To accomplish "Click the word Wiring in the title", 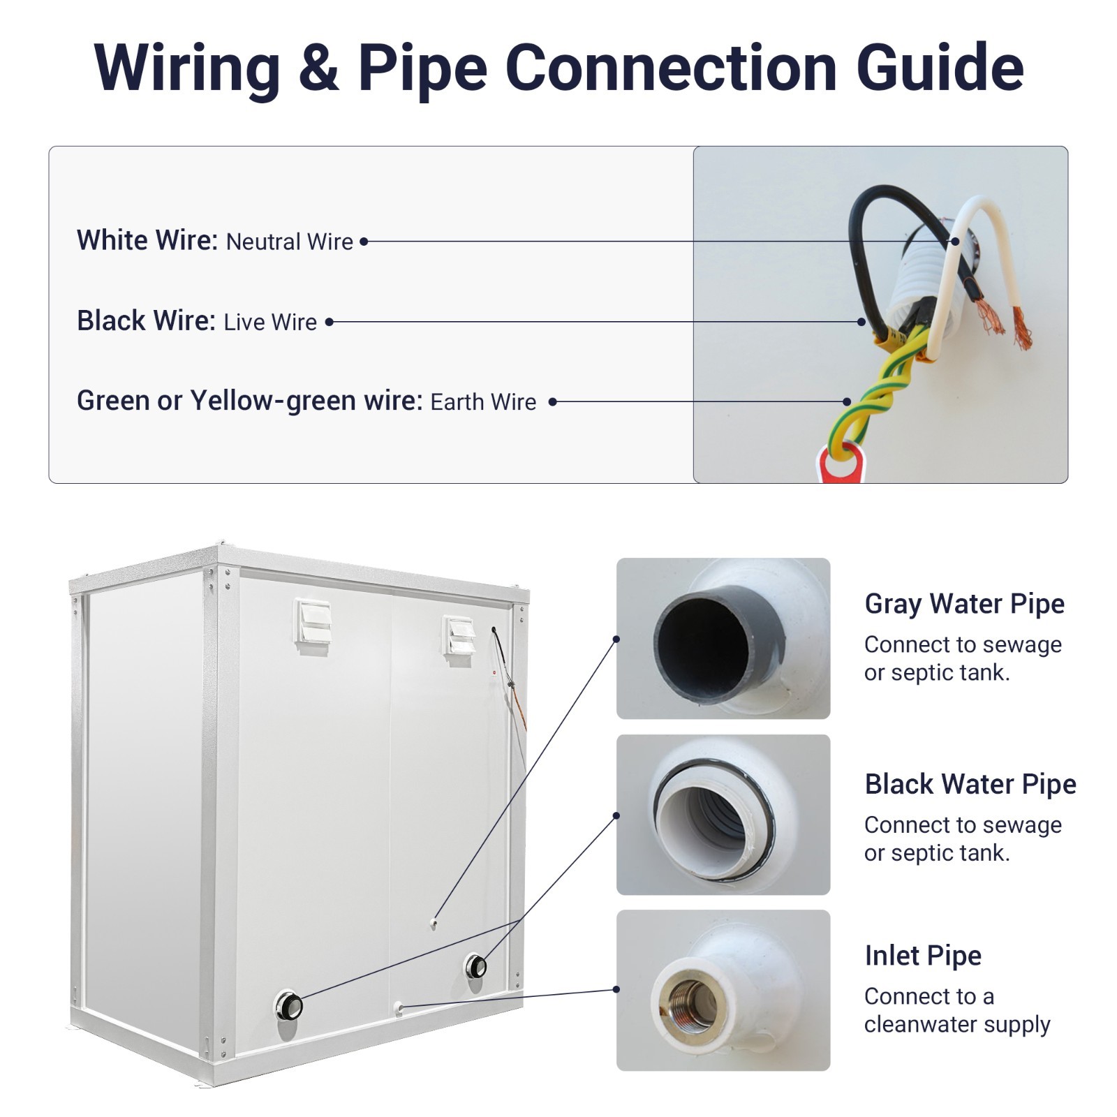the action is (186, 68).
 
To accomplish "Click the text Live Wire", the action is (270, 322).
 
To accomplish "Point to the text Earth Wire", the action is (483, 402).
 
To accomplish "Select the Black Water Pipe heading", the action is (970, 785).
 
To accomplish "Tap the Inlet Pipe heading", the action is (923, 956).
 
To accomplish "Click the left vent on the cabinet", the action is (313, 625).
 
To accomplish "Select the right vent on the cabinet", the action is (461, 636).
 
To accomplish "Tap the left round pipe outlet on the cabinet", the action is (290, 1005).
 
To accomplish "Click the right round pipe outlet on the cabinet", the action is (477, 966).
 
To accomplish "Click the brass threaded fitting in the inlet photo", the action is (688, 998).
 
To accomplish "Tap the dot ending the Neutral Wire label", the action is (364, 242).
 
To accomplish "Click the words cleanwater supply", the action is (957, 1025).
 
